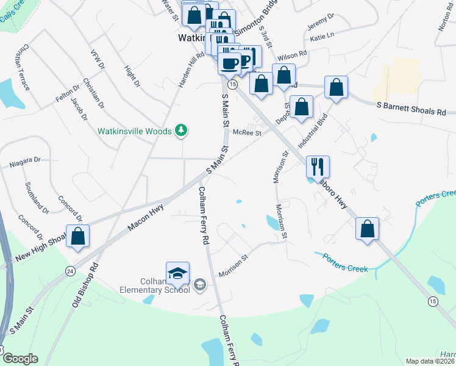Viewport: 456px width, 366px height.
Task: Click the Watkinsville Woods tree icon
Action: coord(180,130)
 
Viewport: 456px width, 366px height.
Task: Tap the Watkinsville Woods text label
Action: coord(135,131)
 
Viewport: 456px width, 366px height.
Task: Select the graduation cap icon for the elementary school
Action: coord(177,273)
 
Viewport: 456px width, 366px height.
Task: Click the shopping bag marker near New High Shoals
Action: coord(78,236)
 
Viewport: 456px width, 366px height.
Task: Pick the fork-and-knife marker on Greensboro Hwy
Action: coord(318,166)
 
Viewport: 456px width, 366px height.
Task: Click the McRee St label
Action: coord(249,132)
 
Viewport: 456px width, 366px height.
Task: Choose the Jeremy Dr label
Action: coord(321,23)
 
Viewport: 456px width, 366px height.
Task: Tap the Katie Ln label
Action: coord(322,38)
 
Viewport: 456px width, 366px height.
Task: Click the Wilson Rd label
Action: coord(292,56)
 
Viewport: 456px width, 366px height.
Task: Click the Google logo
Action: coord(20,359)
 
